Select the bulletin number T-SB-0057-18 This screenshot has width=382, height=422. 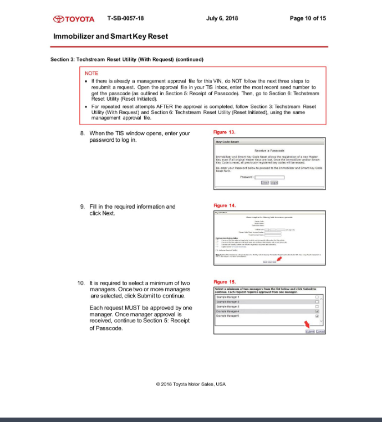click(125, 18)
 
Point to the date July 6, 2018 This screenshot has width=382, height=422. click(221, 18)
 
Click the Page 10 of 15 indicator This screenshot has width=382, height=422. click(308, 18)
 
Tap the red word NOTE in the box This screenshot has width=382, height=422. click(91, 73)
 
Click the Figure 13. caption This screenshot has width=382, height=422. click(224, 132)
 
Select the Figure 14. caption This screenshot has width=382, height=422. click(224, 205)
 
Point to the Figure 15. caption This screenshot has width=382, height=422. click(224, 281)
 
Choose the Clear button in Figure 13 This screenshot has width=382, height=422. click(265, 182)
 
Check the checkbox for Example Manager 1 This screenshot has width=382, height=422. click(317, 297)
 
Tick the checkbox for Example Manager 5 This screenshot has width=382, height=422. click(317, 316)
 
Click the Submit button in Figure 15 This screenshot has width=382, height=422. click(309, 331)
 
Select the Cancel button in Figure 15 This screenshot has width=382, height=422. click(320, 331)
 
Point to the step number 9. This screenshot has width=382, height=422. click(82, 207)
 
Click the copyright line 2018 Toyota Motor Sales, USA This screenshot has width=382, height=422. click(191, 384)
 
